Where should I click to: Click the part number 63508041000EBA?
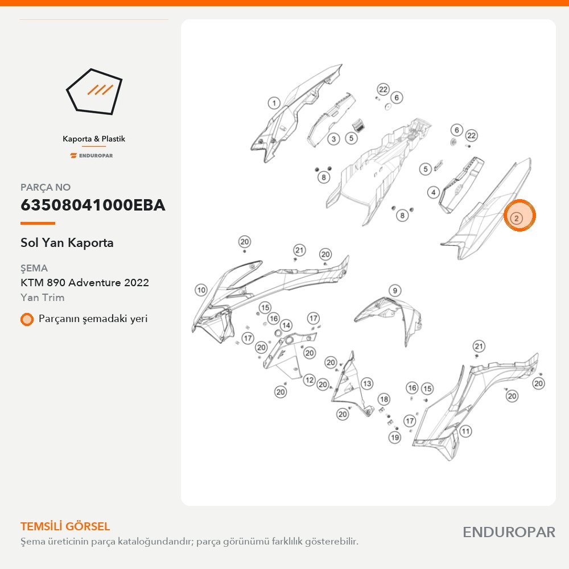pos(93,205)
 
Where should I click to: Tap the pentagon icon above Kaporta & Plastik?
pos(94,92)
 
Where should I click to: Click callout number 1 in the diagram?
pos(274,103)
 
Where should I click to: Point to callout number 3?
pos(333,139)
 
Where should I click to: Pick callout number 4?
pos(433,192)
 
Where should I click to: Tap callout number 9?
pos(395,290)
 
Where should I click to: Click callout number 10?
pos(201,290)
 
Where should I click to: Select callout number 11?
pos(465,431)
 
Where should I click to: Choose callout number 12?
pos(309,380)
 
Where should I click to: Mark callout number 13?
pos(367,384)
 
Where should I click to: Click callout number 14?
pos(286,325)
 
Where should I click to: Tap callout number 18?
pos(384,399)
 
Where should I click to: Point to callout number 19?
pos(395,437)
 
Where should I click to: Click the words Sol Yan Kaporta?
pos(67,242)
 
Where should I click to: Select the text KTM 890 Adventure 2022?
pos(85,282)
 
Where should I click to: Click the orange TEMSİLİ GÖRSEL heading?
pos(65,526)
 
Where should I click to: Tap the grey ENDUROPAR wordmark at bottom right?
pos(509,533)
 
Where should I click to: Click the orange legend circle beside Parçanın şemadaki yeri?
pos(27,319)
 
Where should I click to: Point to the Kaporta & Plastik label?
pos(94,139)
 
